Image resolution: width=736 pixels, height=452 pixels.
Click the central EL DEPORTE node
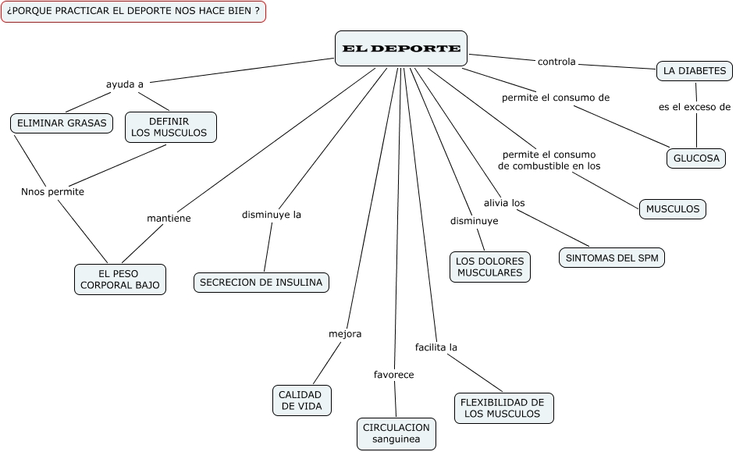(x=401, y=48)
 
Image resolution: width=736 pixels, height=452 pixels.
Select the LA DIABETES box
(x=694, y=71)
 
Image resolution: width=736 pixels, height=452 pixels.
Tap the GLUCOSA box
(x=695, y=158)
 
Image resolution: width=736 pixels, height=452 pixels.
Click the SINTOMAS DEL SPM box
(x=612, y=258)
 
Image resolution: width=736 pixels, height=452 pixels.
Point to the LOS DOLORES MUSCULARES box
(x=489, y=266)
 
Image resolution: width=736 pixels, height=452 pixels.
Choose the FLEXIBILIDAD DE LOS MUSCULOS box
(x=503, y=408)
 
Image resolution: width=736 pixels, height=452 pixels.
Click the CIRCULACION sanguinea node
(x=396, y=433)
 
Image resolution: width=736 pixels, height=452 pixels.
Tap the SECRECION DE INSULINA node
(x=261, y=283)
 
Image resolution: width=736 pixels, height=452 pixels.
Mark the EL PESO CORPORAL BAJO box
(x=119, y=279)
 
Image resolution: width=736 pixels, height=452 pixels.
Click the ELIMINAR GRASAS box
(x=62, y=123)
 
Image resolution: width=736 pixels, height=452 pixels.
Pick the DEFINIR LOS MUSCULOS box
(x=169, y=126)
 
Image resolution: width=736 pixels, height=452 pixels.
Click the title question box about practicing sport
(x=133, y=12)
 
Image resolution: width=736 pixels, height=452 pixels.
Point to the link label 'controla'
(x=556, y=62)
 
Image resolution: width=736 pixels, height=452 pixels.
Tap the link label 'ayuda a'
(x=124, y=84)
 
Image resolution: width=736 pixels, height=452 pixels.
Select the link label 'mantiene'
(x=169, y=219)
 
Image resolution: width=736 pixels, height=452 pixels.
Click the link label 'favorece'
(x=393, y=375)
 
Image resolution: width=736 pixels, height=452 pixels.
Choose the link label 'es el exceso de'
(x=695, y=108)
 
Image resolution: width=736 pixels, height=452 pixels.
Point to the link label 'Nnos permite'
(x=52, y=191)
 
